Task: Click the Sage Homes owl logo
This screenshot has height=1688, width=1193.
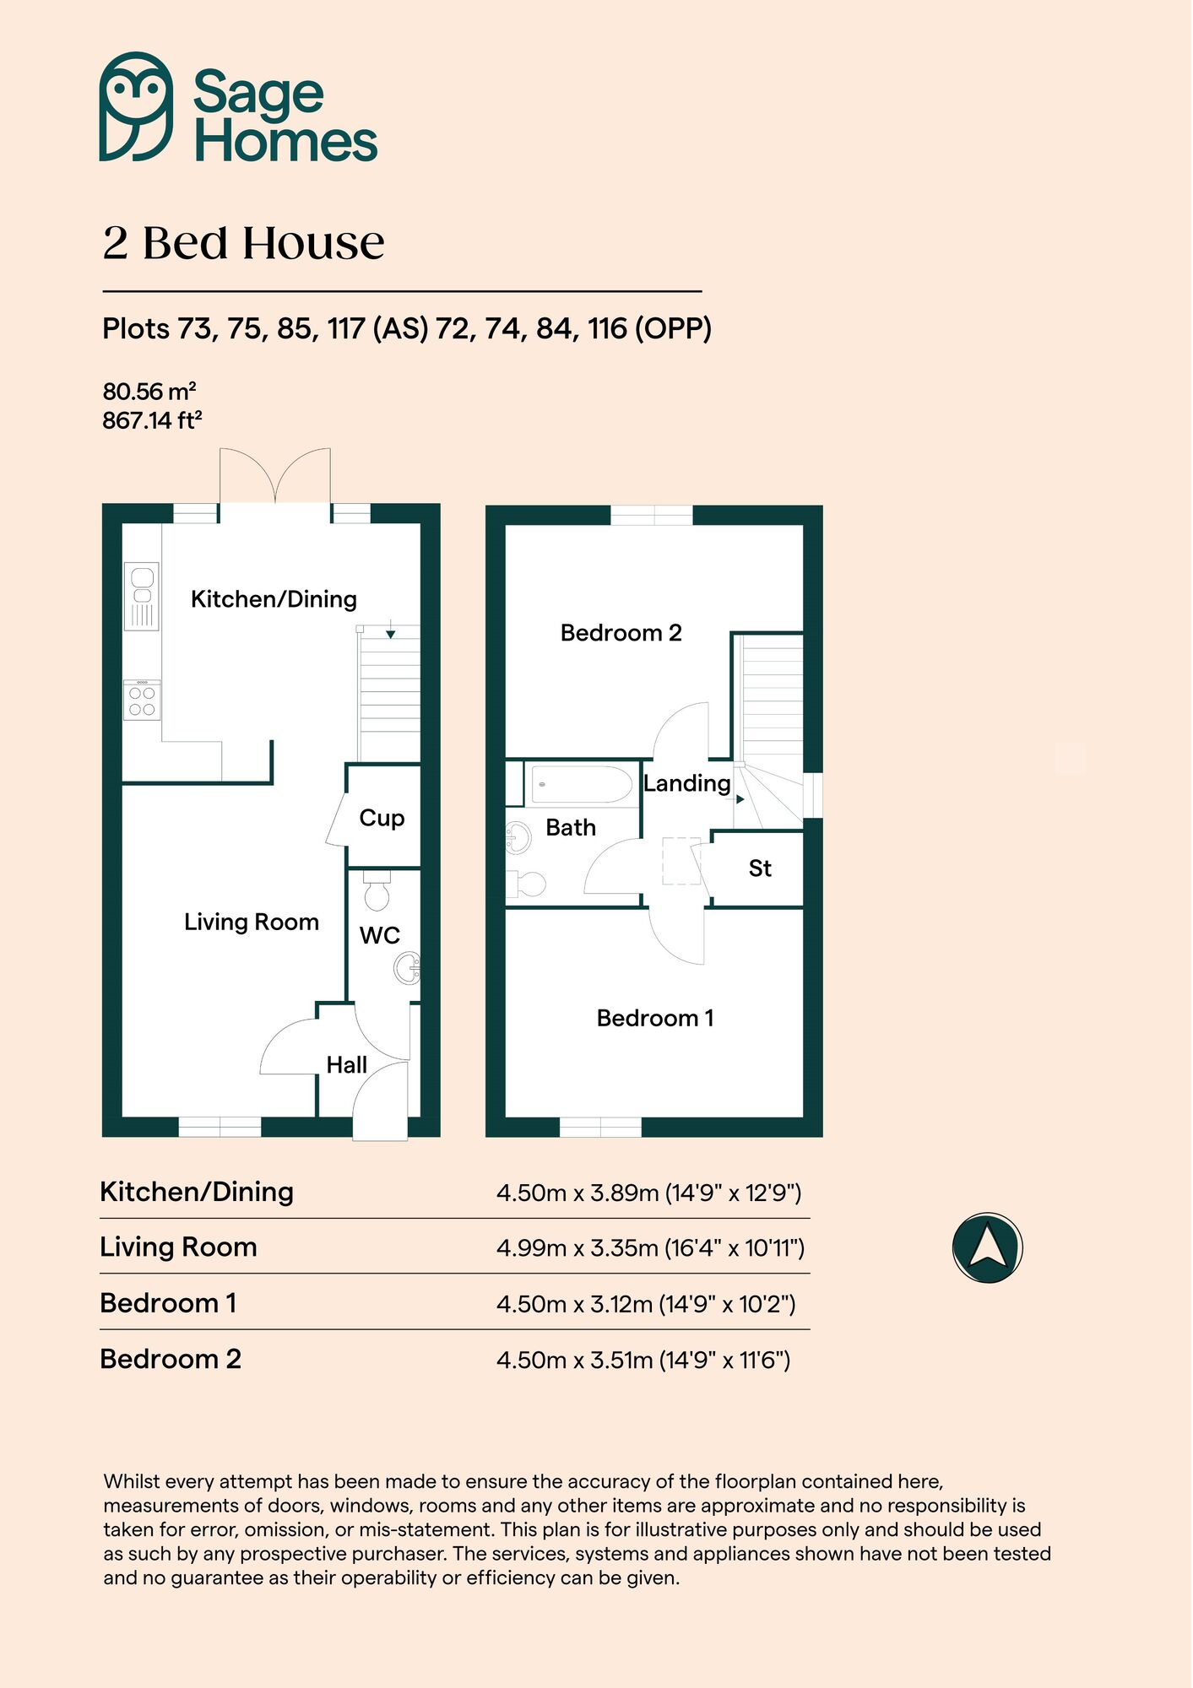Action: [136, 106]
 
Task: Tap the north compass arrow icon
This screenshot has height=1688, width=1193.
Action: [987, 1247]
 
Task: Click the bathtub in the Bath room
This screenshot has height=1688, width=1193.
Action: [582, 784]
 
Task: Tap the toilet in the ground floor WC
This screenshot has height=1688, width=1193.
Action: [377, 892]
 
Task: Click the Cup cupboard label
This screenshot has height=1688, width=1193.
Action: [382, 818]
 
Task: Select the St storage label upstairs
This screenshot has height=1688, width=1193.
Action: [760, 868]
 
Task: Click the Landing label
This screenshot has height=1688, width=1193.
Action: [686, 783]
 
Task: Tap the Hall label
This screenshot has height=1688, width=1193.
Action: [346, 1065]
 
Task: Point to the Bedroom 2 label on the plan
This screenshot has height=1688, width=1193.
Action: [621, 633]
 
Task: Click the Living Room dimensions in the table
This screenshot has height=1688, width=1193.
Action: [650, 1247]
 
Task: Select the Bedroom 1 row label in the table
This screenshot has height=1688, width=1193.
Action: [168, 1303]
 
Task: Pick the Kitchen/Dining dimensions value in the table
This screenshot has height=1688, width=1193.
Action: [648, 1193]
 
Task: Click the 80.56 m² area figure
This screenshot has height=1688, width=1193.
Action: [149, 392]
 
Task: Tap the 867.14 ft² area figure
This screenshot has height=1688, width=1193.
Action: [152, 419]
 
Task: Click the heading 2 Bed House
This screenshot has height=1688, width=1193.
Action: [243, 243]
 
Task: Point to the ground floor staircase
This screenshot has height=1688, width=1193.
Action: [389, 692]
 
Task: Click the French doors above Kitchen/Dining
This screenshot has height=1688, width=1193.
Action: [275, 477]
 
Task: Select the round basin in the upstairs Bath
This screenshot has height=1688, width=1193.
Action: [517, 838]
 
